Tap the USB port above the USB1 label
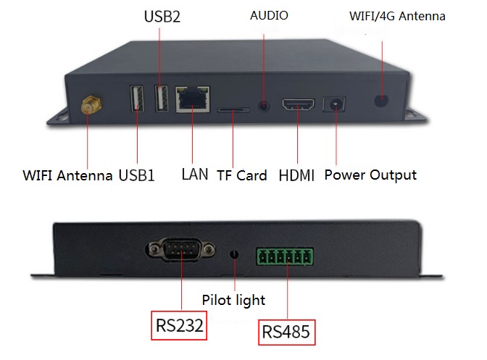click(137, 99)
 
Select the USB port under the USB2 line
click(162, 99)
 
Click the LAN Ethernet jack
click(193, 99)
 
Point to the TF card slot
click(233, 110)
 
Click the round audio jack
click(264, 106)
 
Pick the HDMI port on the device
click(298, 104)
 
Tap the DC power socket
click(334, 104)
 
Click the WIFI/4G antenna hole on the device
click(381, 101)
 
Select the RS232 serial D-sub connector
click(180, 249)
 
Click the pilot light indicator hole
click(234, 254)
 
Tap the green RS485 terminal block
click(285, 256)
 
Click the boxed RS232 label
click(179, 325)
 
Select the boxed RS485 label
click(286, 332)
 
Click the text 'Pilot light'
click(233, 301)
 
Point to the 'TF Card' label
click(241, 175)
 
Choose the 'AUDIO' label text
click(269, 15)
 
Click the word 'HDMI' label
click(296, 175)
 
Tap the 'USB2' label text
click(162, 17)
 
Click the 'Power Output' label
click(370, 175)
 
